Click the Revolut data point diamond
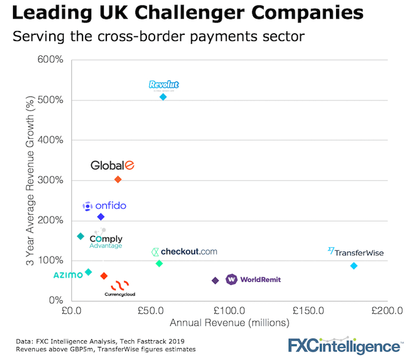coord(163,97)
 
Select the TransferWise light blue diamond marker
coord(354,266)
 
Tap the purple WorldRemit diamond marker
coord(215,281)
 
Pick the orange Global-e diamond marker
coord(118,179)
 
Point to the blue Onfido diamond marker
coord(101,217)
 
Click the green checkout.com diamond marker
coord(159,264)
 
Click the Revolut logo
coord(163,85)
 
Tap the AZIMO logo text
coord(68,275)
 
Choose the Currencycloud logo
coord(120,288)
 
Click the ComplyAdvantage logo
coord(106,239)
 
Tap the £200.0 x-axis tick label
coord(386,311)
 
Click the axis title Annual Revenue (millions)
coord(229,323)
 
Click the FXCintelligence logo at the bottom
coord(345,345)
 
